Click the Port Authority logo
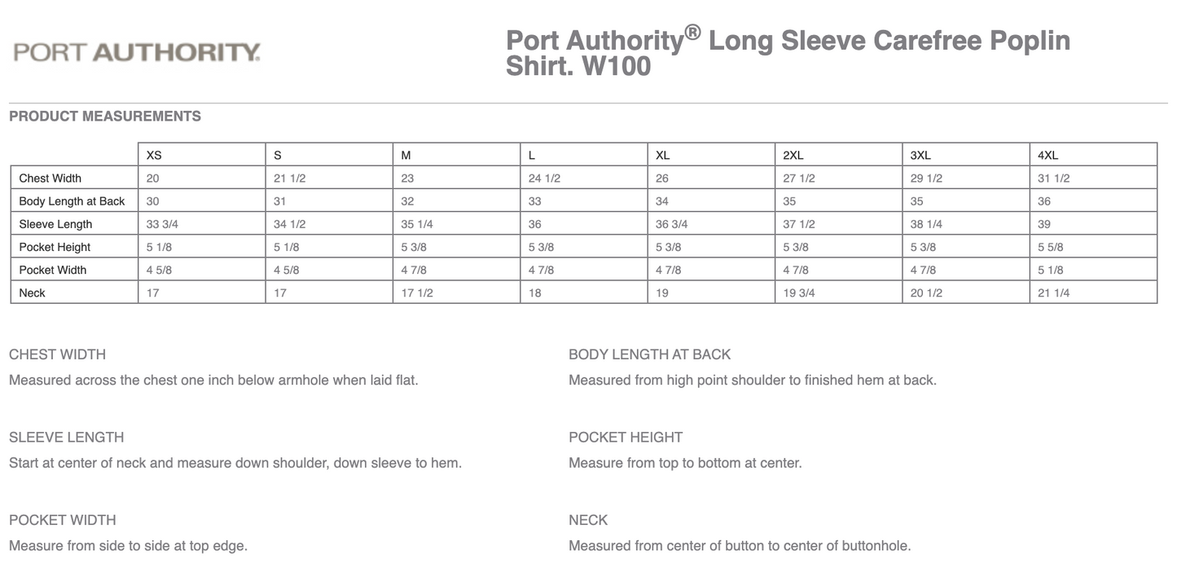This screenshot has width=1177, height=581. pyautogui.click(x=137, y=53)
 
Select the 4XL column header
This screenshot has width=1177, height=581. pyautogui.click(x=1048, y=155)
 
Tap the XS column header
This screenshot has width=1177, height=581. pyautogui.click(x=154, y=155)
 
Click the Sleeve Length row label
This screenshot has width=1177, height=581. pyautogui.click(x=55, y=224)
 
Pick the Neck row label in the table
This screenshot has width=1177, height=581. pyautogui.click(x=33, y=293)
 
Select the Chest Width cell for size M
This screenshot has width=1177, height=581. pyautogui.click(x=407, y=178)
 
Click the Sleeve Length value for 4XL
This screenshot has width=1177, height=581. pyautogui.click(x=1045, y=224)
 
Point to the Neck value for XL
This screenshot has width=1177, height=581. pyautogui.click(x=662, y=293)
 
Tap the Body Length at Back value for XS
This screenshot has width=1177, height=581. pyautogui.click(x=153, y=201)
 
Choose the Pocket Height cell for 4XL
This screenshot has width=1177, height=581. pyautogui.click(x=1051, y=247)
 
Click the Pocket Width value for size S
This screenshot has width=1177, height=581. pyautogui.click(x=287, y=270)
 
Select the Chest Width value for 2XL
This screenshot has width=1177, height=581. pyautogui.click(x=799, y=178)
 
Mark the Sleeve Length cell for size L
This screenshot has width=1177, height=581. pyautogui.click(x=535, y=224)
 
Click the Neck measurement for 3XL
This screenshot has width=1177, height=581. pyautogui.click(x=926, y=293)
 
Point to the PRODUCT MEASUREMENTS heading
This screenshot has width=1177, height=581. pyautogui.click(x=105, y=117)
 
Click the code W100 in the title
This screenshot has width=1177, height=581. pyautogui.click(x=616, y=66)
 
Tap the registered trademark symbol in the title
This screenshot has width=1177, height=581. pyautogui.click(x=692, y=33)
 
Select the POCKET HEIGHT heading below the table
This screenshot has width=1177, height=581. pyautogui.click(x=626, y=438)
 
